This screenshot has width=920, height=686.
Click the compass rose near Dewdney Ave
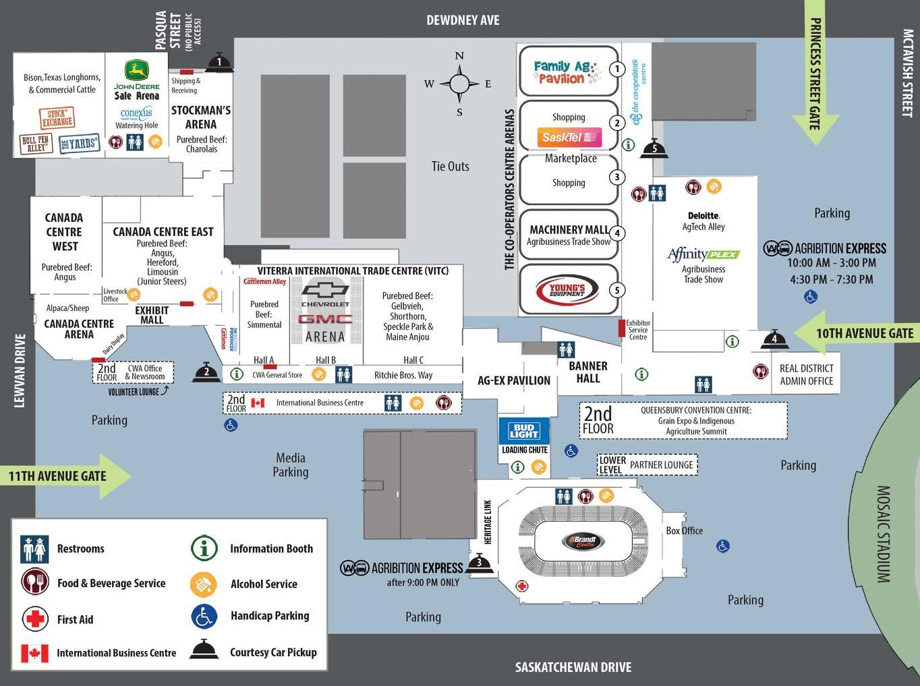click(x=459, y=84)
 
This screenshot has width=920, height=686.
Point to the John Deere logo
click(x=137, y=71)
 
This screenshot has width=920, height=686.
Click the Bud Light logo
click(x=524, y=431)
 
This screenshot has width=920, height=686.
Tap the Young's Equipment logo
click(x=568, y=290)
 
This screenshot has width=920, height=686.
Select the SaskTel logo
click(x=569, y=137)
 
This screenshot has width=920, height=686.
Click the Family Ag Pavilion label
click(x=562, y=72)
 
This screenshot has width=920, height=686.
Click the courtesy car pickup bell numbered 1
click(x=219, y=62)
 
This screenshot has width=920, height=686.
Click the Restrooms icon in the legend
click(x=34, y=548)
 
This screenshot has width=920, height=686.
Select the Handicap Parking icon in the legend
click(x=204, y=616)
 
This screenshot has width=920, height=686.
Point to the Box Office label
click(x=684, y=531)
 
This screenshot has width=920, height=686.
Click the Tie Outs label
click(x=450, y=167)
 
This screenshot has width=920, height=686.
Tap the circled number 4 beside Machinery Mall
click(x=616, y=234)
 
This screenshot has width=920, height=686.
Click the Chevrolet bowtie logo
click(x=325, y=291)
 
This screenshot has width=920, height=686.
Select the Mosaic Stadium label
click(x=883, y=534)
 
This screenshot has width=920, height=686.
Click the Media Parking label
click(x=290, y=465)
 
